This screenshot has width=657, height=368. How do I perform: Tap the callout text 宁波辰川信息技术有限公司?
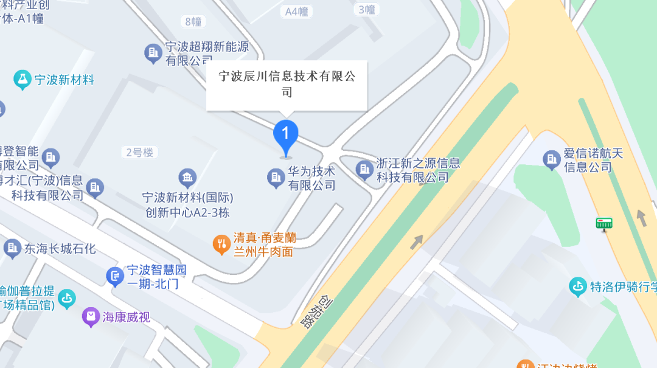[x=287, y=84]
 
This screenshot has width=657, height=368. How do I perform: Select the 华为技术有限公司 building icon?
[x=276, y=178]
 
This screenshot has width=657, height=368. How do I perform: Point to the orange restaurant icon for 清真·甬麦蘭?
[x=221, y=245]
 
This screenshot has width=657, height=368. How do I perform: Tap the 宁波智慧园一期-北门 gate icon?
[x=114, y=276]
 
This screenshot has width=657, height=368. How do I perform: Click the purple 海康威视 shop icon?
[x=91, y=316]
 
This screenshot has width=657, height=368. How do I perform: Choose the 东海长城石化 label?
[x=60, y=248]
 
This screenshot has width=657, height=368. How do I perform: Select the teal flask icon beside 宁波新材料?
[x=23, y=79]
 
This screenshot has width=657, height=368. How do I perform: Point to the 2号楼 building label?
[x=140, y=152]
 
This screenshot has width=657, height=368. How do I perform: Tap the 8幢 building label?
[x=193, y=22]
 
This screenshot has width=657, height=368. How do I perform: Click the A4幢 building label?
[x=297, y=11]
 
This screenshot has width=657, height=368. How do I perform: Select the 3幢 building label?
[x=367, y=9]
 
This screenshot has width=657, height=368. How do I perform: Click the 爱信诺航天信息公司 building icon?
[x=552, y=159]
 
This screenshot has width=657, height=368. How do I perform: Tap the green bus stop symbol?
[x=603, y=224]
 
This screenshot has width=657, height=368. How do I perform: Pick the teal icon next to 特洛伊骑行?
[x=578, y=286]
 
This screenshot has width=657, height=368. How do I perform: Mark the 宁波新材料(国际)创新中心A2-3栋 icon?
[x=187, y=178]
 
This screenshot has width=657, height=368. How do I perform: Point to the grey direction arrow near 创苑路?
[x=417, y=241]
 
